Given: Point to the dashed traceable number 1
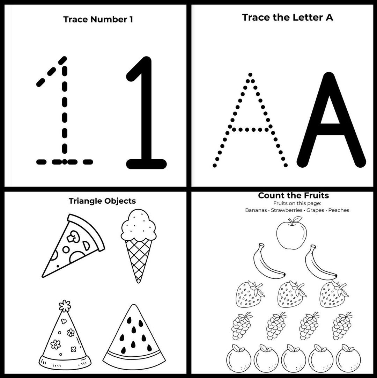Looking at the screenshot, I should pyautogui.click(x=65, y=115).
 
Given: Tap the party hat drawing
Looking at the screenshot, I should pyautogui.click(x=65, y=339).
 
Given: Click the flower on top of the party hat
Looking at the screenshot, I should pyautogui.click(x=65, y=306).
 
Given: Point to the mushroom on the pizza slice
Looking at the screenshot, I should pyautogui.click(x=74, y=238).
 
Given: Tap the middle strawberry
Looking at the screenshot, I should pyautogui.click(x=291, y=294).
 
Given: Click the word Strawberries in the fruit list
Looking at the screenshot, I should pyautogui.click(x=286, y=210).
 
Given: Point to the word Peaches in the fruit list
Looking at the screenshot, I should pyautogui.click(x=339, y=210).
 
